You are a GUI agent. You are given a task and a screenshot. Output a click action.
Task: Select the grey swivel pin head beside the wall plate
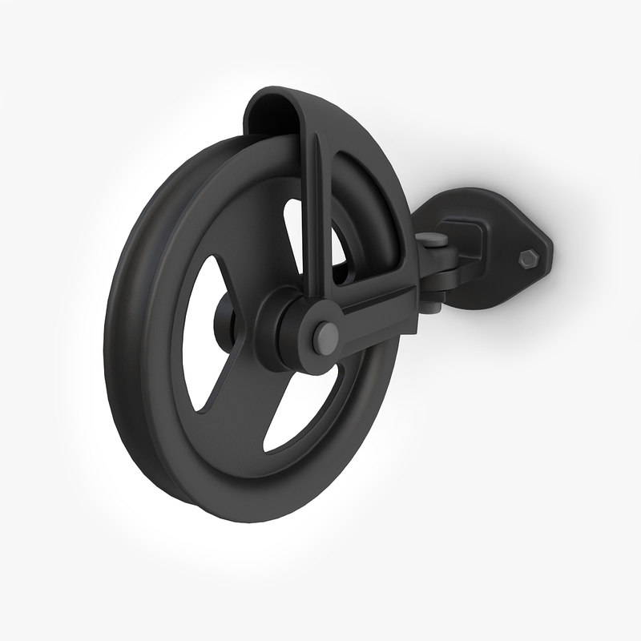click(433, 238)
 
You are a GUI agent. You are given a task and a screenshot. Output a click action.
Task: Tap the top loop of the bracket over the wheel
click(276, 104)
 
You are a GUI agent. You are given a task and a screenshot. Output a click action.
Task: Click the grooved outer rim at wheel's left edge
click(120, 337)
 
